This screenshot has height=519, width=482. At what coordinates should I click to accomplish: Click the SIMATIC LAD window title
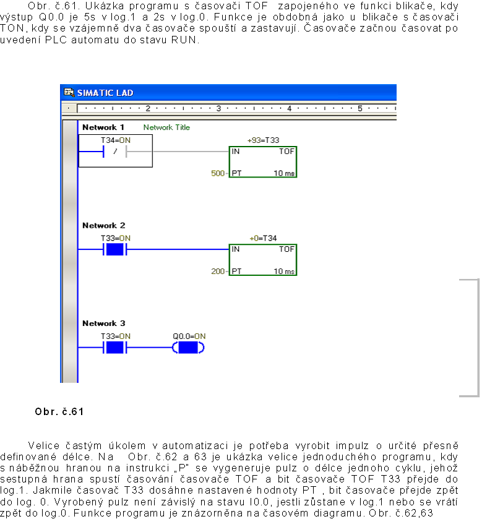point(105,93)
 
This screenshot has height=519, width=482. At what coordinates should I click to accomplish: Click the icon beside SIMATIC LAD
point(69,93)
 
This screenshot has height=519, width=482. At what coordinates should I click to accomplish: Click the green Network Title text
point(166,127)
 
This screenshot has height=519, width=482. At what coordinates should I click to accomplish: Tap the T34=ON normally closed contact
point(115,152)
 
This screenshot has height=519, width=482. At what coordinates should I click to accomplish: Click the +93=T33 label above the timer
point(263,140)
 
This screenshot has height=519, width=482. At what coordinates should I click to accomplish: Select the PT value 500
point(218,173)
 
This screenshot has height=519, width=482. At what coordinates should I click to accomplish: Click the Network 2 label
point(103,226)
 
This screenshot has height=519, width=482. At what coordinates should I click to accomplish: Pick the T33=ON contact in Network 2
point(115,249)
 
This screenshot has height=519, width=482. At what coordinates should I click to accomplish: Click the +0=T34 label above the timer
point(263,238)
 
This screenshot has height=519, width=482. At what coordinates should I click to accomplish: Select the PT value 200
point(218,271)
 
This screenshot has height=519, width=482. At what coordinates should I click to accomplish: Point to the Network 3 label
point(103,324)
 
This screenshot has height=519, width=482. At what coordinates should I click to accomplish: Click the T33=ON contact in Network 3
point(115,347)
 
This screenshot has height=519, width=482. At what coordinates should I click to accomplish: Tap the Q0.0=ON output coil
point(189,347)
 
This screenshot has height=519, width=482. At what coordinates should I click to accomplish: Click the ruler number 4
point(289,108)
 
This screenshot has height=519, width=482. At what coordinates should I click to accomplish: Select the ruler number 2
point(148,108)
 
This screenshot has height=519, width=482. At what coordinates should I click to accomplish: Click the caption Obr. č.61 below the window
point(59,411)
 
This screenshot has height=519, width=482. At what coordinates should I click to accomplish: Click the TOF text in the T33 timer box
point(286,152)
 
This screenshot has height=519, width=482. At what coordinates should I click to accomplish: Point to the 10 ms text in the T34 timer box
point(284,271)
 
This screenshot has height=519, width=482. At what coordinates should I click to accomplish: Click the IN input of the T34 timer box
point(236,249)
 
